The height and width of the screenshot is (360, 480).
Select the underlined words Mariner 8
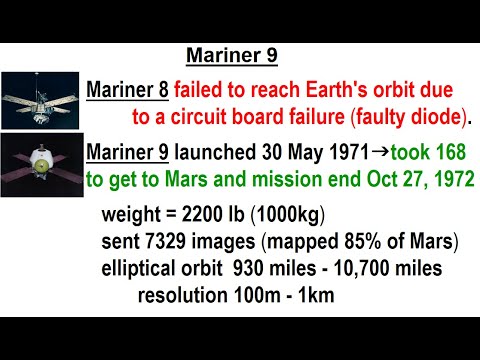point(127,88)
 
